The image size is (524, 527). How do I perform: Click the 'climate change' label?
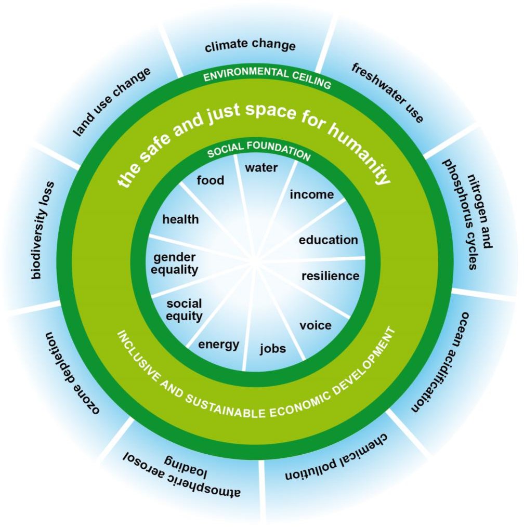coord(250,45)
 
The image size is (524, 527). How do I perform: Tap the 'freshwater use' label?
coord(387,93)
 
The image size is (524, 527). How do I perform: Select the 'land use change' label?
coord(112,102)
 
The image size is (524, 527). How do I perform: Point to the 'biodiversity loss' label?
coord(43,230)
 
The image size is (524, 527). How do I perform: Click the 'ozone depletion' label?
coord(72,373)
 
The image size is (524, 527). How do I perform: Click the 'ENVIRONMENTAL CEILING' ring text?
coord(267,77)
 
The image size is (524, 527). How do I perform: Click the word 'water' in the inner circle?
coord(261,167)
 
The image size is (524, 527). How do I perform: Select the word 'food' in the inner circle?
coord(211,180)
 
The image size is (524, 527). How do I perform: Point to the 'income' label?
coord(312,194)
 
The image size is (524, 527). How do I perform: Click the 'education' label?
coord(329,240)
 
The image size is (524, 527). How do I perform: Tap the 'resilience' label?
coord(331,276)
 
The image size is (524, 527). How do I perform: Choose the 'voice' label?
coord(316,325)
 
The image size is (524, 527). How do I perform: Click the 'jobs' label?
coord(273,349)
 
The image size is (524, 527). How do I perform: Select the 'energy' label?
coord(219,345)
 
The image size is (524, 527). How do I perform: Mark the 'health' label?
coord(180,219)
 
